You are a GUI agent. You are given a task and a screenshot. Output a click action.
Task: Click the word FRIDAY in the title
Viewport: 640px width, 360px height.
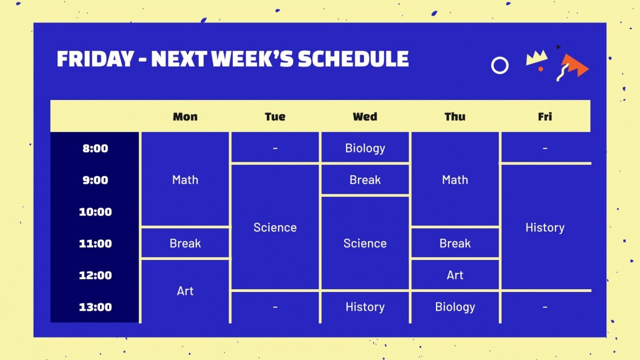click(x=95, y=59)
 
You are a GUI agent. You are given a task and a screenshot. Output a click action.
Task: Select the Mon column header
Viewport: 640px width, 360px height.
click(x=185, y=116)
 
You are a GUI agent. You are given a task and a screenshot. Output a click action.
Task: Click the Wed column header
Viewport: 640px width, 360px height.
click(x=365, y=116)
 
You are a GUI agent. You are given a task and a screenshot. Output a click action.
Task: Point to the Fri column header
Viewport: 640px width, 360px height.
click(x=545, y=116)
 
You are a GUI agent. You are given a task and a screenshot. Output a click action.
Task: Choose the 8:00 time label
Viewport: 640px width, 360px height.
click(x=95, y=148)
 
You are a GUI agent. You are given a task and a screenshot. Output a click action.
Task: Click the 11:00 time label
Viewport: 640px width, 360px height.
click(x=95, y=244)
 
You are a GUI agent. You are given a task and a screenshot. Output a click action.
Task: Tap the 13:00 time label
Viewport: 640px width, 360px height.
click(x=95, y=307)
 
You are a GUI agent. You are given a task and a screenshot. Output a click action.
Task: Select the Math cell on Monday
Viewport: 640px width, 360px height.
click(x=185, y=180)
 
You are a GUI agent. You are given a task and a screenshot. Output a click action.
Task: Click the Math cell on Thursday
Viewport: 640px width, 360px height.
click(x=455, y=180)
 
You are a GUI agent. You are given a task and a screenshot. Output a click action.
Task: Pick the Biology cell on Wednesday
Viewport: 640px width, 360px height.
click(x=365, y=148)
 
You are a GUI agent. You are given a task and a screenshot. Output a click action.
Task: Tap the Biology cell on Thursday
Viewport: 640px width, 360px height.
click(x=455, y=307)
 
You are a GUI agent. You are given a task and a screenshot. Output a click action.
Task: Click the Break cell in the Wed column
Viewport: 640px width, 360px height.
click(x=365, y=180)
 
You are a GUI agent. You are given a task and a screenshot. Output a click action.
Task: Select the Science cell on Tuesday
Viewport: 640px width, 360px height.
click(x=275, y=227)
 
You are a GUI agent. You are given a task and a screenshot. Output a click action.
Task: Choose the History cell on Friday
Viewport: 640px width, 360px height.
click(x=545, y=227)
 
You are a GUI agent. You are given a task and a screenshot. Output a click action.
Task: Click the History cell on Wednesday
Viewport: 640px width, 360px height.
click(x=365, y=307)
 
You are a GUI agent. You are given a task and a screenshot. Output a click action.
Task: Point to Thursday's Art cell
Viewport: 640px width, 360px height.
click(x=455, y=275)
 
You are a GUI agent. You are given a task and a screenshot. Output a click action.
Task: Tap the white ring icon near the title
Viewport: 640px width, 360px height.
click(x=500, y=65)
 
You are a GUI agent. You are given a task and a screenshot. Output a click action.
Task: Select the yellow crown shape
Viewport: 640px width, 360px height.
click(x=537, y=57)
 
